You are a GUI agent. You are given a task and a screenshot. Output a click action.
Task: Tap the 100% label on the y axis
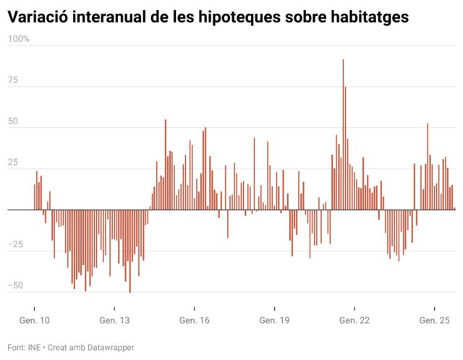[x=19, y=38]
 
